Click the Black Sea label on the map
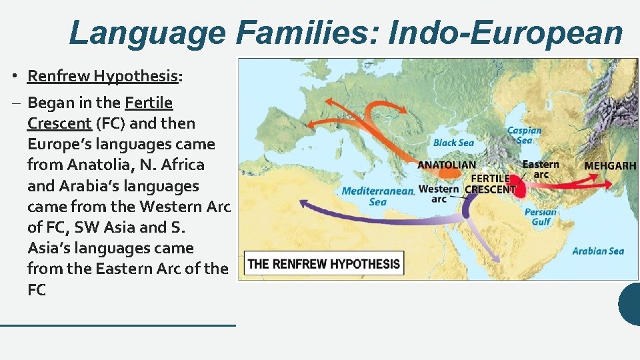(453, 143)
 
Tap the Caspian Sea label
(525, 135)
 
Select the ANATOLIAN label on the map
(447, 165)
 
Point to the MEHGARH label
(610, 166)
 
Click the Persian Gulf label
(541, 217)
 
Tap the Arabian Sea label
(598, 251)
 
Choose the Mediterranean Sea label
(378, 196)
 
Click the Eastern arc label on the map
(541, 169)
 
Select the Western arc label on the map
(439, 193)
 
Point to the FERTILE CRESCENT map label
(491, 184)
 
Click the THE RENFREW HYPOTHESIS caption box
(324, 263)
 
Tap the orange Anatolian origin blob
(449, 173)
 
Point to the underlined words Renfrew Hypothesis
(103, 76)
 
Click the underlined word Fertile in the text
(149, 103)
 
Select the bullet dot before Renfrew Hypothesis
(13, 76)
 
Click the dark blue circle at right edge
(631, 304)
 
